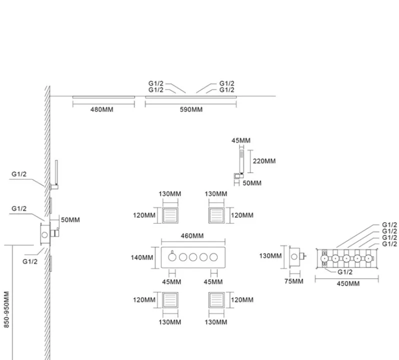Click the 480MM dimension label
click(x=102, y=109)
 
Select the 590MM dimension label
click(x=191, y=109)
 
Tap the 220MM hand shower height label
click(x=264, y=161)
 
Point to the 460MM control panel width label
click(x=192, y=236)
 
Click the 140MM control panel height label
click(x=142, y=257)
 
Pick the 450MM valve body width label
click(x=348, y=283)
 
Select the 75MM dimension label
click(x=293, y=281)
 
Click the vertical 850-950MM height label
click(x=6, y=309)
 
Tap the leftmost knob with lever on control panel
click(x=172, y=256)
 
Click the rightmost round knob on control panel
click(x=214, y=257)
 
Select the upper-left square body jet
click(x=170, y=215)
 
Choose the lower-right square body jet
click(x=216, y=300)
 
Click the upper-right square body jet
click(x=216, y=215)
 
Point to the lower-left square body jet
click(x=170, y=300)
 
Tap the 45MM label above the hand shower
click(x=240, y=140)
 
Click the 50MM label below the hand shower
click(x=252, y=183)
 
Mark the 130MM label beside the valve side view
click(x=270, y=256)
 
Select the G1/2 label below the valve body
click(x=345, y=272)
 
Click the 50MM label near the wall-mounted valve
click(x=70, y=220)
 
